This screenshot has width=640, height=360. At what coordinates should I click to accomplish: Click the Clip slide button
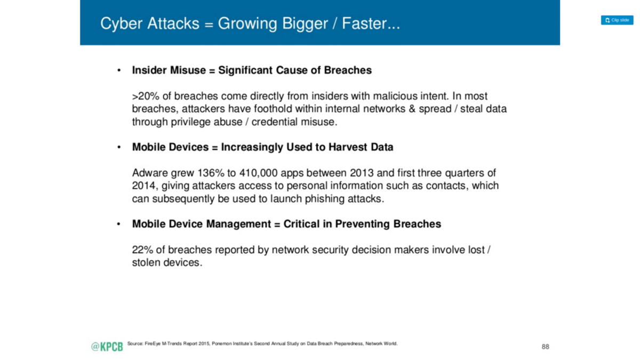(x=617, y=20)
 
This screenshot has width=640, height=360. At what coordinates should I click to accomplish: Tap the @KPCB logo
(x=107, y=347)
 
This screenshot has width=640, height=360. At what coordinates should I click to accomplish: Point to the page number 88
(x=545, y=347)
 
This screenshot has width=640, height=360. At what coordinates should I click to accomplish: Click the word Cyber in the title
(x=121, y=24)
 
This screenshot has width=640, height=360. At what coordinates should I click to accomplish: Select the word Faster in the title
(x=366, y=23)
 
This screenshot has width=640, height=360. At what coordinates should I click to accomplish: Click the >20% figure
(x=146, y=96)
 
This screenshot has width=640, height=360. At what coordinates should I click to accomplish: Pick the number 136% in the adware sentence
(x=211, y=173)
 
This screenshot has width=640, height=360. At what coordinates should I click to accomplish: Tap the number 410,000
(x=258, y=173)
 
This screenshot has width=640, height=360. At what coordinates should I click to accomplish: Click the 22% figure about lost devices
(x=142, y=250)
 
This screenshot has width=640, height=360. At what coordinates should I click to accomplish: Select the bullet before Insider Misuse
(x=119, y=70)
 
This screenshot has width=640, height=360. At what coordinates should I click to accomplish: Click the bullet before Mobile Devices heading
(x=119, y=147)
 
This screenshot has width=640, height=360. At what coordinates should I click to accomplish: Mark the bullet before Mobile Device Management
(x=119, y=224)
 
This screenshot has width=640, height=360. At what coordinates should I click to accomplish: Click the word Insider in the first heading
(x=149, y=70)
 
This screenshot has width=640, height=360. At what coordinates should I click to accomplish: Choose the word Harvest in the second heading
(x=348, y=147)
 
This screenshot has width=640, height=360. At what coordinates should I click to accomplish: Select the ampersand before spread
(x=412, y=109)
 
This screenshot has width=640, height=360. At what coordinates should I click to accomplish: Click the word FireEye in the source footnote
(x=153, y=343)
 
